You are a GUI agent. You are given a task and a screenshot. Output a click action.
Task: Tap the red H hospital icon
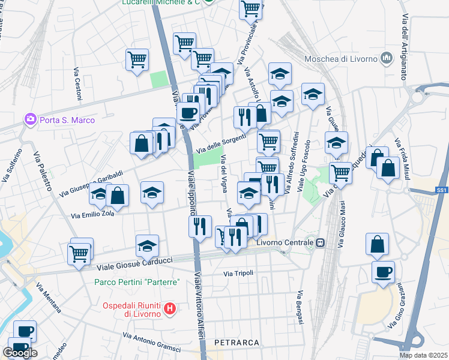coord(170,309)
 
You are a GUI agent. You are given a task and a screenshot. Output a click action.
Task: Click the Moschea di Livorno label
coord(340,58)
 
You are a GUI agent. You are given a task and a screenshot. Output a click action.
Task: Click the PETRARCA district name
coord(237,343)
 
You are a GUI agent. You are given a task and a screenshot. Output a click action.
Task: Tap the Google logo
coord(20,353)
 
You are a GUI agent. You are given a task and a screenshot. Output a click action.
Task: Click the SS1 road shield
coord(441,191)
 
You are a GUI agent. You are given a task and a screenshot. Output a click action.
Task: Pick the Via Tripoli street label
coord(238,273)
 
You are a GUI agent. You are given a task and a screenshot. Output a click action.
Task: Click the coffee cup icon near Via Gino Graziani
coord(383,272)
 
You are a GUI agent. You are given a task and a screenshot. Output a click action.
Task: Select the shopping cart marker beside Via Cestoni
coord(137,60)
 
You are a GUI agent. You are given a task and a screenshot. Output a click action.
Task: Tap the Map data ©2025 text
coord(423,355)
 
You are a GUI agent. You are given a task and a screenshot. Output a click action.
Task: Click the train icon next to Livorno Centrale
coord(321,243)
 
